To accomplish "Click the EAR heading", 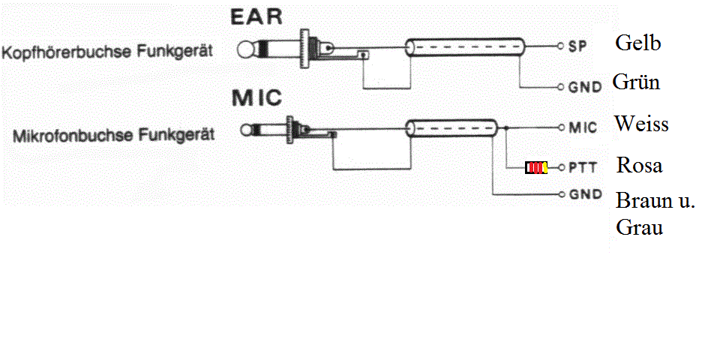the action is pos(256,16).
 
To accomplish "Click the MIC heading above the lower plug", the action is pos(256,98).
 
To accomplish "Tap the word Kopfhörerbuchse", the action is pos(67,51).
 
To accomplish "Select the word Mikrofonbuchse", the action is pos(73,135).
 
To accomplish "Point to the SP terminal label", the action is pos(577,46).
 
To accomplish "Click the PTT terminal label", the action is pos(583,167).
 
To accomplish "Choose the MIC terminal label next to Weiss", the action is pos(583,127).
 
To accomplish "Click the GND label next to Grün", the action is pos(586,86).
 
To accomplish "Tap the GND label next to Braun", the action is pos(586,194).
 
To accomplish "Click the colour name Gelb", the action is pos(638,43).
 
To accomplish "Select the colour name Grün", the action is pos(636,82).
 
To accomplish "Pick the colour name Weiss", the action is pos(641,124).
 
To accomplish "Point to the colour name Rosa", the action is pos(639,165).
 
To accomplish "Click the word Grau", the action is pos(639,226).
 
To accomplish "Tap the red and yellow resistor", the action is pos(536,168).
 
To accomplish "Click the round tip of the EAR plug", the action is pos(245,49).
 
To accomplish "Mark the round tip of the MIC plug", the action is pos(246,130).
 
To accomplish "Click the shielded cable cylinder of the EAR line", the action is pos(465,47).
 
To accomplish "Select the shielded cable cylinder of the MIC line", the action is pos(451,128).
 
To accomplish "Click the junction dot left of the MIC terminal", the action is pos(506,128).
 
